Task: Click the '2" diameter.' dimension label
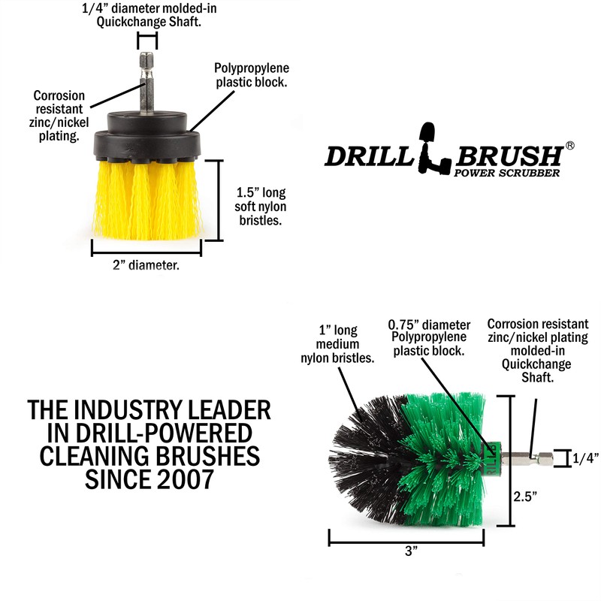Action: click(x=146, y=265)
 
